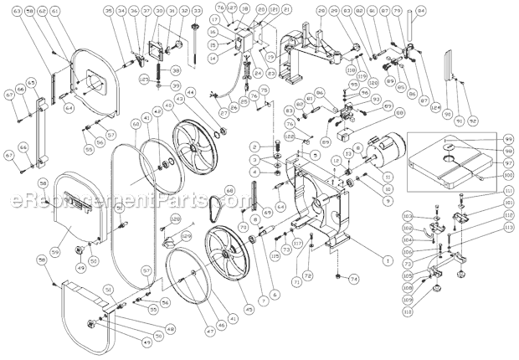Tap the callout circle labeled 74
(x=353, y=279)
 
